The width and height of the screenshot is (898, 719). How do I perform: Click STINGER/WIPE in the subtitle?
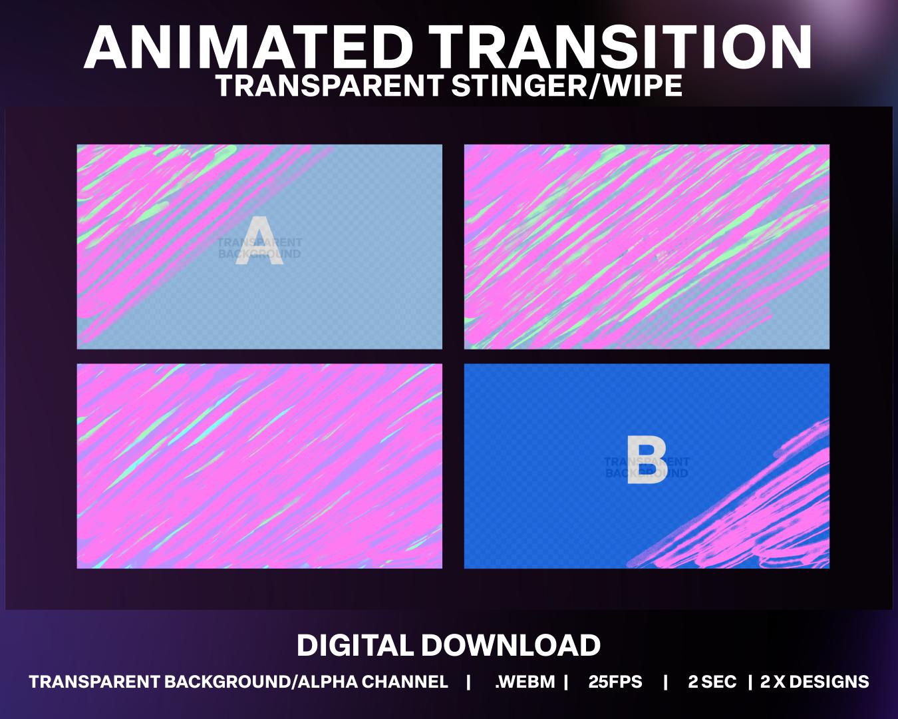click(567, 86)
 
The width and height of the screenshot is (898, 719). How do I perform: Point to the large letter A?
click(259, 242)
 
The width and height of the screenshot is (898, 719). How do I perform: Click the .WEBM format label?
click(524, 682)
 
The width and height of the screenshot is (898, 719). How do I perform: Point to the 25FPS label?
click(615, 682)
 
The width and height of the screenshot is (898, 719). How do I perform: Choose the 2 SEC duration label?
click(712, 682)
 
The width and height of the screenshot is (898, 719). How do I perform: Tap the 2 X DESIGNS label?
click(814, 682)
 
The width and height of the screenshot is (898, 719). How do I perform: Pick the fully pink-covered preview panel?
click(259, 466)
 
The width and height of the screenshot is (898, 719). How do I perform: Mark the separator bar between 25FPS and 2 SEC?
click(665, 682)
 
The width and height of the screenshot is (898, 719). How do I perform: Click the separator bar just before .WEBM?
click(469, 682)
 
